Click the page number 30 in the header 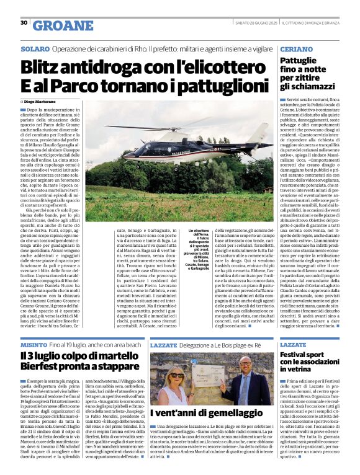[24, 23]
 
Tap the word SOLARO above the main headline [35, 48]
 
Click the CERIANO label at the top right [297, 48]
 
